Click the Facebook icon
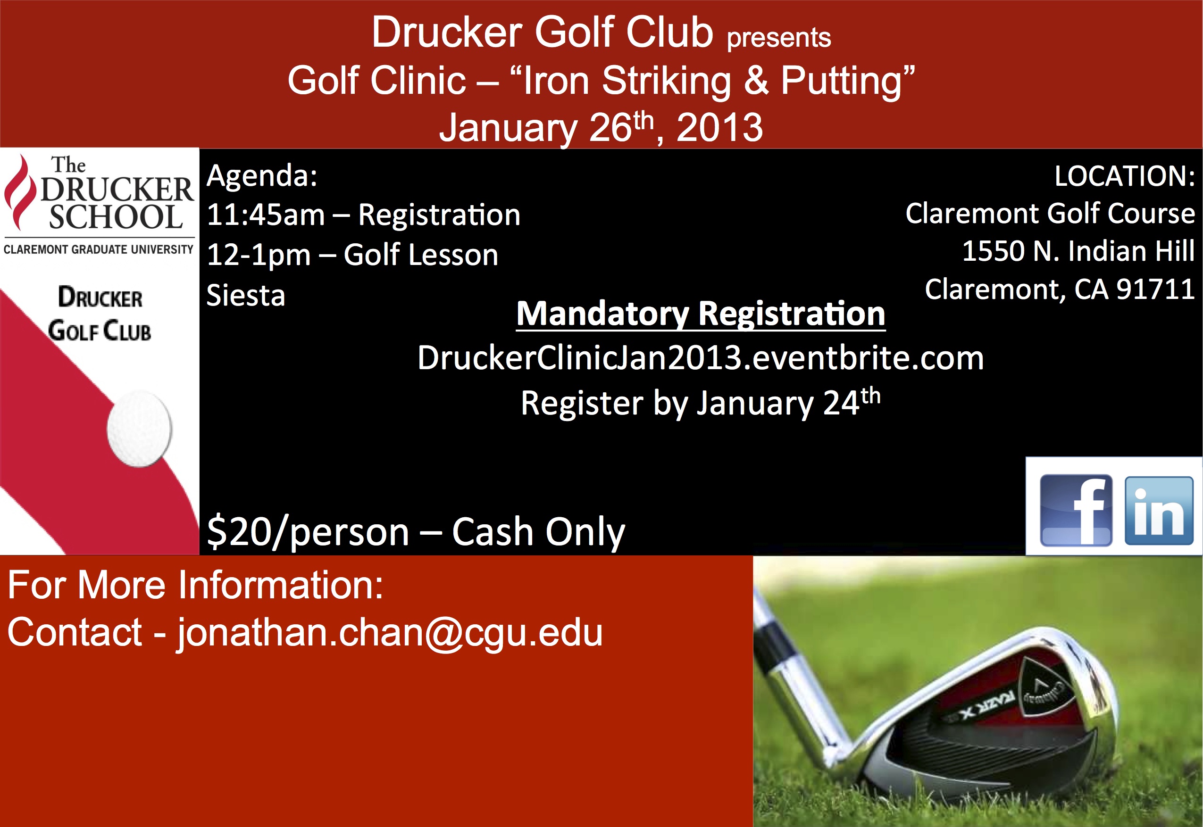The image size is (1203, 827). [x=1076, y=511]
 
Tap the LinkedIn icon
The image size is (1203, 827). [x=1159, y=511]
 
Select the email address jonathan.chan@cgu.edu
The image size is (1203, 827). [x=390, y=633]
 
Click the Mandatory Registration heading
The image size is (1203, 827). [x=701, y=314]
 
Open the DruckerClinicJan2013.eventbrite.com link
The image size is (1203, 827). [x=701, y=357]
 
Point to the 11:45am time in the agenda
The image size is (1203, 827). [x=266, y=215]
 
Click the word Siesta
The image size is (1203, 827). [x=246, y=295]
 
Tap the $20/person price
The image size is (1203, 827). [x=308, y=532]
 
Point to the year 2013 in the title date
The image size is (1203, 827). [x=719, y=127]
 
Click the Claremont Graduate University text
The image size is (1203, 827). [x=99, y=250]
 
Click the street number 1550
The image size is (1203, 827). [x=993, y=251]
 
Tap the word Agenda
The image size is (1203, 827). [x=262, y=176]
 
